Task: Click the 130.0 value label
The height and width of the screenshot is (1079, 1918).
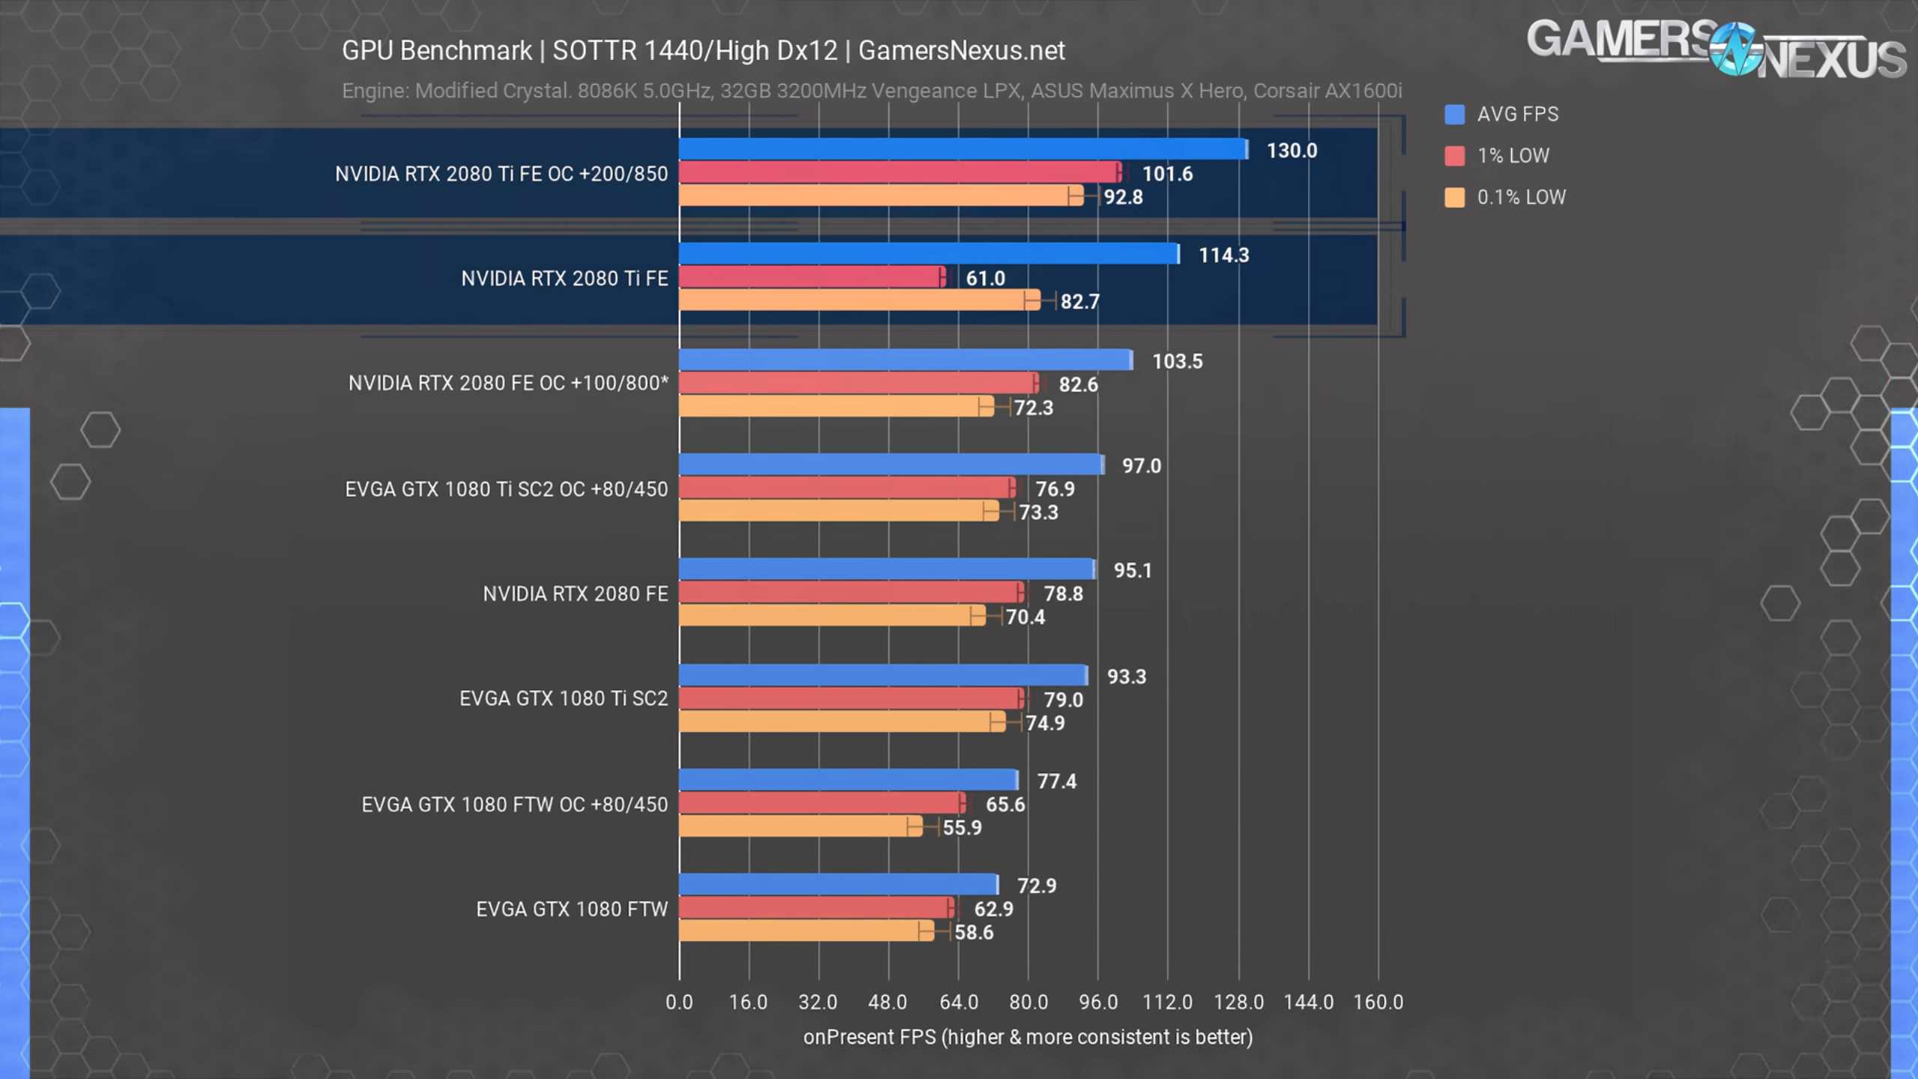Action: pos(1291,151)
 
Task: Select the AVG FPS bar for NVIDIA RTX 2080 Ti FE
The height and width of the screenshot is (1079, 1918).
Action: pos(928,254)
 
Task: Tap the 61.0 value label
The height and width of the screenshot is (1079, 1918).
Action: pos(984,279)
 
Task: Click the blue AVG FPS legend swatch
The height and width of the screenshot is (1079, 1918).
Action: pos(1454,115)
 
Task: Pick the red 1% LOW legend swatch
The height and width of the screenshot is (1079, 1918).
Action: pos(1454,156)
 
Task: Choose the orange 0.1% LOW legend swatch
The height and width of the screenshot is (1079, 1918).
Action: pos(1454,198)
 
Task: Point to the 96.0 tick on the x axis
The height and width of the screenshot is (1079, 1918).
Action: pos(1098,1002)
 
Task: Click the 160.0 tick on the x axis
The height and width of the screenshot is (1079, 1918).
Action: pos(1378,1002)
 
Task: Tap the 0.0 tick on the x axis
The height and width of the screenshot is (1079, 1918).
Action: pos(679,1002)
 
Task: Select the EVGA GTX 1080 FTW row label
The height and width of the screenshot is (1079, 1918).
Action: pos(572,909)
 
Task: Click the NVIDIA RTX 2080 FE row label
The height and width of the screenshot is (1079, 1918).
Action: pos(575,594)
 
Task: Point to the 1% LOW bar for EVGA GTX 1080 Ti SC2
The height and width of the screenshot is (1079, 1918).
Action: pos(850,698)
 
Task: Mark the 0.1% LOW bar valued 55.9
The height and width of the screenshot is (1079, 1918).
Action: pos(800,826)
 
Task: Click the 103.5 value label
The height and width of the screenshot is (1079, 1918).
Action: pos(1177,361)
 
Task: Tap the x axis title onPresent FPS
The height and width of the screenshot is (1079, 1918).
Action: pos(1027,1037)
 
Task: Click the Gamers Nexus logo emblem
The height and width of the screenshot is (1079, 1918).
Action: pos(1734,49)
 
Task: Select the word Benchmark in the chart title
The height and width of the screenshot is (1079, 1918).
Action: pos(465,51)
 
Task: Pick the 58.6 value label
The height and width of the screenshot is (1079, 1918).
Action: pos(973,932)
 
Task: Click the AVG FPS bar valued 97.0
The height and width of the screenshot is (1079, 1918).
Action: pos(891,465)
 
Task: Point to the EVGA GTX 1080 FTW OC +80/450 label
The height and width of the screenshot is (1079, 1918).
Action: pos(514,805)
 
